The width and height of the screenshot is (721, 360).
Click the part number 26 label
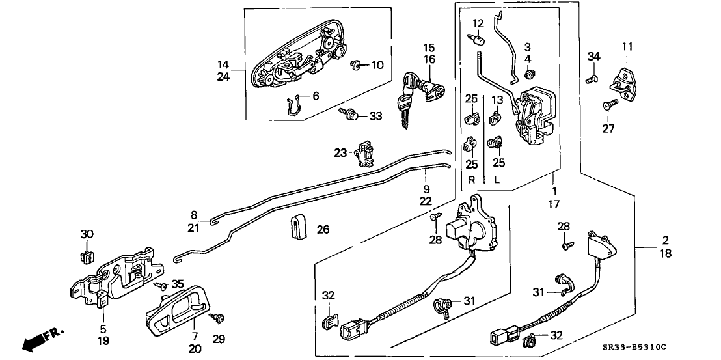click(323, 229)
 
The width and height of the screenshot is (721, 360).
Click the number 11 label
click(627, 46)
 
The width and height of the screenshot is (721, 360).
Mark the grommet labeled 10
click(356, 64)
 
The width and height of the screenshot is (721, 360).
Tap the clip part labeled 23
click(364, 154)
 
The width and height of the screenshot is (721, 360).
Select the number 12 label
click(478, 24)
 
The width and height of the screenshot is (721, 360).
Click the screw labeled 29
click(219, 318)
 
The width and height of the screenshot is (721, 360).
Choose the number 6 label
click(316, 96)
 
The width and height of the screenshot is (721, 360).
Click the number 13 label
click(497, 100)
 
